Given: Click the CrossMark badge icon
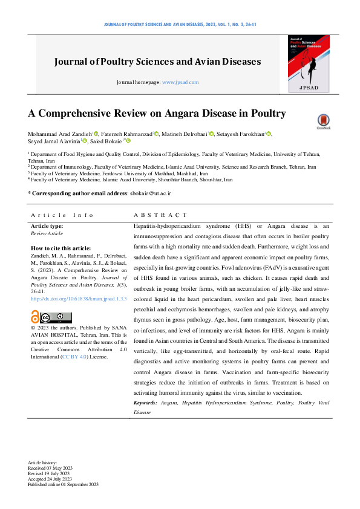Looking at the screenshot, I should coord(324,122).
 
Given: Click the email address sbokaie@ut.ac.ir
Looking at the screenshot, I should coord(150,192).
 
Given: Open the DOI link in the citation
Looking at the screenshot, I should coord(79,299).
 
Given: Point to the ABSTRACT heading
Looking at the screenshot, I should coord(160,215).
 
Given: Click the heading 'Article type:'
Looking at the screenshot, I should coord(47,226).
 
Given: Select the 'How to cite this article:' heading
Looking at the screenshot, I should coord(61,248).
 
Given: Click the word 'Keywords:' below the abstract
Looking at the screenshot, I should coord(146,402).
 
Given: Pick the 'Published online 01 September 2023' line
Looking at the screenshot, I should coord(63,484).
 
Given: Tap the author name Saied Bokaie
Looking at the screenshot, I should coord(108,141).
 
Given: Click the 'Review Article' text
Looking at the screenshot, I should coord(47,233).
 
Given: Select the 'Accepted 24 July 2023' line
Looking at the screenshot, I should coord(53,479).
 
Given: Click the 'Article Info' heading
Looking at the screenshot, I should coord(63,215).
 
